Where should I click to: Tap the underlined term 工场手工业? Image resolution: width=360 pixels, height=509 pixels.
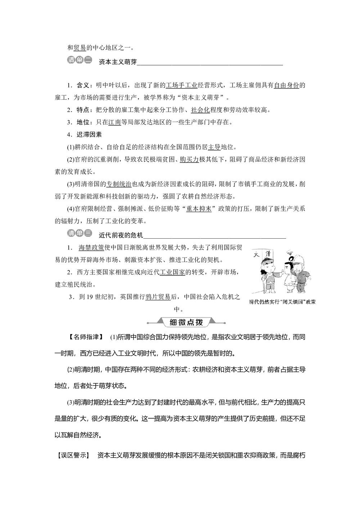(x=181, y=85)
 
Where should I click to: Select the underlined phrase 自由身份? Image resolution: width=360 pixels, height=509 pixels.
(x=286, y=85)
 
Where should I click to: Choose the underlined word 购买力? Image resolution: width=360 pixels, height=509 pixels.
(x=189, y=159)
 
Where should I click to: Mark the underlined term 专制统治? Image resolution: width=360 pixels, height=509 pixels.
(x=119, y=184)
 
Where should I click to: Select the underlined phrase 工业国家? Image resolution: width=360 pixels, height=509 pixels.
(x=172, y=272)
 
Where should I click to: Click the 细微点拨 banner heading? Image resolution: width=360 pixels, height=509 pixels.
(x=187, y=322)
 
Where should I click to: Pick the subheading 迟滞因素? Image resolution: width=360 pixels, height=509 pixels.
(x=89, y=135)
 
